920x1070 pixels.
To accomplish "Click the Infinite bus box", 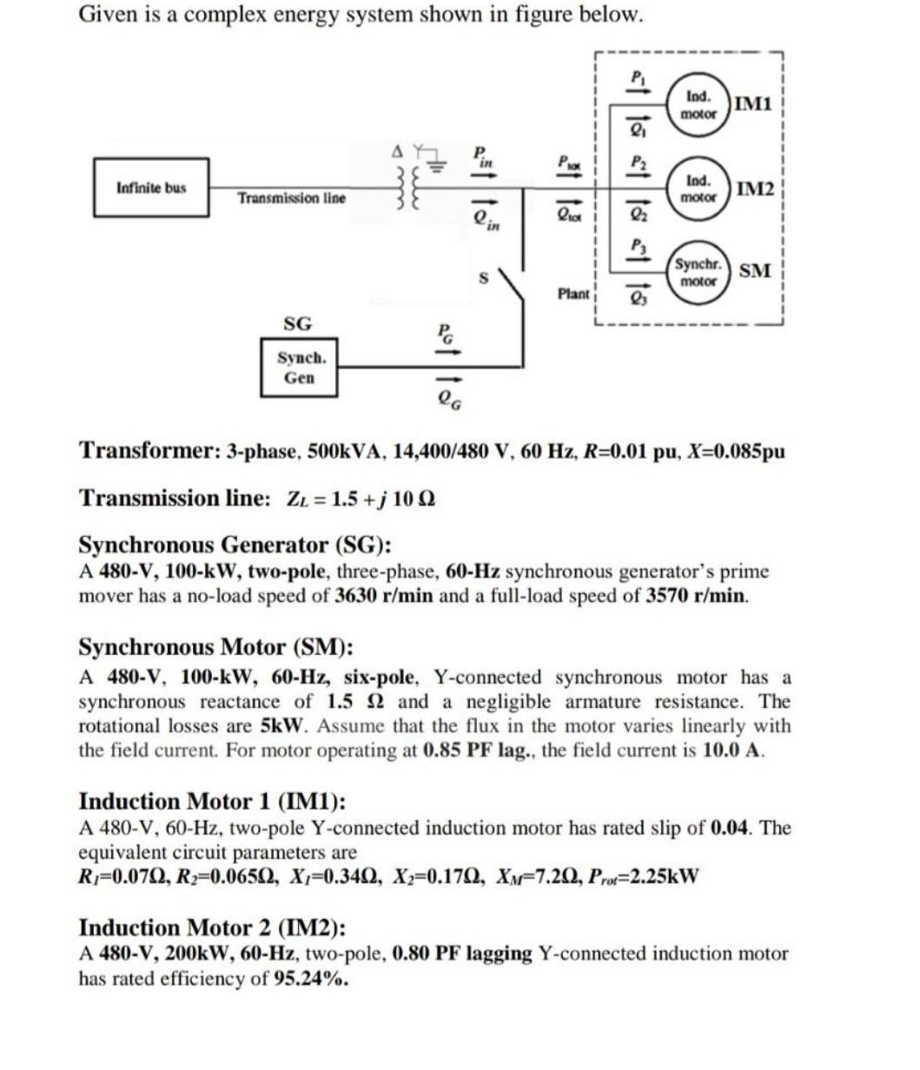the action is click(151, 188).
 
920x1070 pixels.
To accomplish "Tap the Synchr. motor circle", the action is click(698, 273).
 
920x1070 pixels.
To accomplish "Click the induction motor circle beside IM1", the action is click(698, 105).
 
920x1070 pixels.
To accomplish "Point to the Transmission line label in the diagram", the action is click(292, 199).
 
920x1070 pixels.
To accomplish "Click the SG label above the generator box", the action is click(297, 324).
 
